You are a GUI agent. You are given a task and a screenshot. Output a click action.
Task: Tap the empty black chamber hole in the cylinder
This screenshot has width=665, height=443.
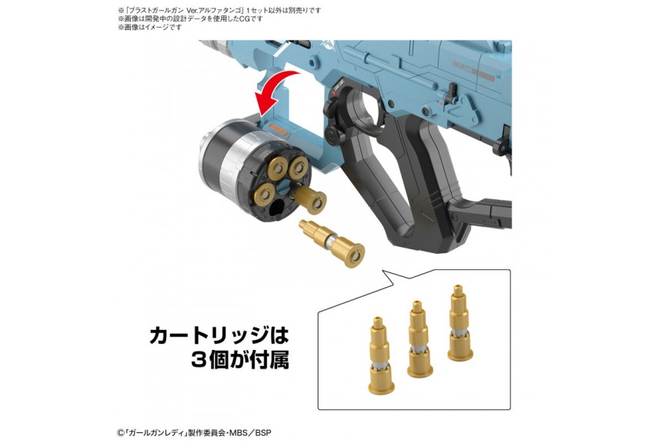[278, 208]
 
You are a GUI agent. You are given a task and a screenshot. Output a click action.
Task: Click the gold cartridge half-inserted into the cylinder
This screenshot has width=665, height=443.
[310, 197]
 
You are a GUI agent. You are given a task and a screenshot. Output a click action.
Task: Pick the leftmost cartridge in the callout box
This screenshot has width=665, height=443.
[380, 355]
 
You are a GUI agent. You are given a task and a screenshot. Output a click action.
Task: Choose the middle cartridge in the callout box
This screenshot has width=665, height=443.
[419, 338]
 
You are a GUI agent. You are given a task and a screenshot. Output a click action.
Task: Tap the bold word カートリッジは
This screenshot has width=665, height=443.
[219, 335]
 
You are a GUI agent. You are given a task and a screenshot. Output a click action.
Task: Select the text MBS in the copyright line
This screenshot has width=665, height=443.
[242, 433]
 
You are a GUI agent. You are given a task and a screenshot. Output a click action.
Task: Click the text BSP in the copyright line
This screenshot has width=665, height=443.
[263, 433]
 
